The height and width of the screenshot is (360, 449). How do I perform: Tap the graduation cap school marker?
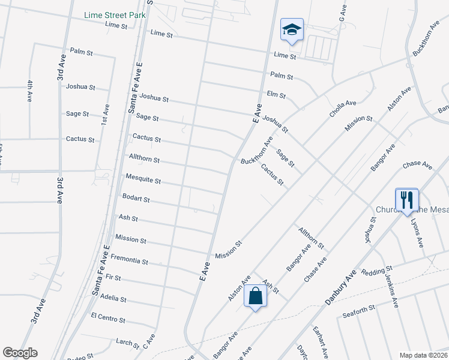click(292, 30)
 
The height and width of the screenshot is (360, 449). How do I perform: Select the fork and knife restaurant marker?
click(407, 200)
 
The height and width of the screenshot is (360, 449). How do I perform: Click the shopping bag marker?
click(255, 296)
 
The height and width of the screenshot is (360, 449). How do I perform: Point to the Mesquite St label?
click(143, 179)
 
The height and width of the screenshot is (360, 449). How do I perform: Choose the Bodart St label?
click(136, 199)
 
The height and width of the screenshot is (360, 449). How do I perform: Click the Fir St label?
click(113, 278)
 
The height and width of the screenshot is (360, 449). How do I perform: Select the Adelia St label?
click(113, 298)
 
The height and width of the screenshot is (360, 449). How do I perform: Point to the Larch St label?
click(127, 343)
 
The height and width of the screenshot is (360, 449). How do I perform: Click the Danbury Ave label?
click(342, 287)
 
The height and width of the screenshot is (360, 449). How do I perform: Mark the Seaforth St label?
click(358, 308)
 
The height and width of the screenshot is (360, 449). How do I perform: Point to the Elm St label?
click(276, 95)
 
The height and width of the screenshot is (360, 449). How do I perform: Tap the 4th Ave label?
click(29, 91)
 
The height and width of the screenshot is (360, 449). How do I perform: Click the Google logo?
click(20, 352)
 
